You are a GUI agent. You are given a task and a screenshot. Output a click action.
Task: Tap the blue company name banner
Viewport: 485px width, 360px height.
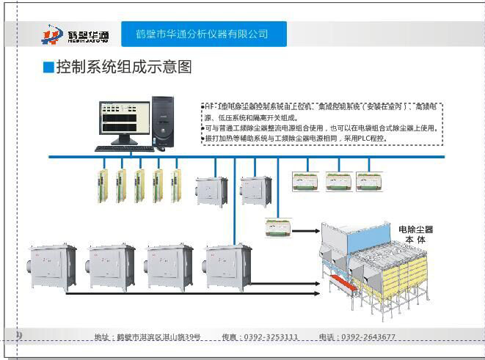coord(202,34)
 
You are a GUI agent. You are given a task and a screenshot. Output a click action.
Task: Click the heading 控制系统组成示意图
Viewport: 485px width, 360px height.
coord(124,67)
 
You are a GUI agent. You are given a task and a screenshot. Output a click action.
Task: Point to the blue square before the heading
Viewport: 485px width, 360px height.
coord(48,68)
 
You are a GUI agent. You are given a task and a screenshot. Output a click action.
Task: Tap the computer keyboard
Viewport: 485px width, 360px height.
coord(125,148)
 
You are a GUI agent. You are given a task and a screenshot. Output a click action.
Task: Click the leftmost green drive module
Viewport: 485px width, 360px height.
coord(102,185)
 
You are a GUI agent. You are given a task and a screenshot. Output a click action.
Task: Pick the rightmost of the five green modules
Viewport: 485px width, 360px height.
coord(176,185)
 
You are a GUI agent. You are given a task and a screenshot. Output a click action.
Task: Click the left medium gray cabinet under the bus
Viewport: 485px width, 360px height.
coord(211,191)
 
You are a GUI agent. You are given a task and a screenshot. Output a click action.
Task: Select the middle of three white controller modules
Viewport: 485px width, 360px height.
coord(338,181)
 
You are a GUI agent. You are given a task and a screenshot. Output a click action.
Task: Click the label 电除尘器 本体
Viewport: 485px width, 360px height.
coord(416,234)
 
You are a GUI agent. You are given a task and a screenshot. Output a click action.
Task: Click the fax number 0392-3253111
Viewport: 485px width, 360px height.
coord(271,337)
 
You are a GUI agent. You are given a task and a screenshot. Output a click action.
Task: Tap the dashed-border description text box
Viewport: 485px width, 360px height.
coord(322,123)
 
